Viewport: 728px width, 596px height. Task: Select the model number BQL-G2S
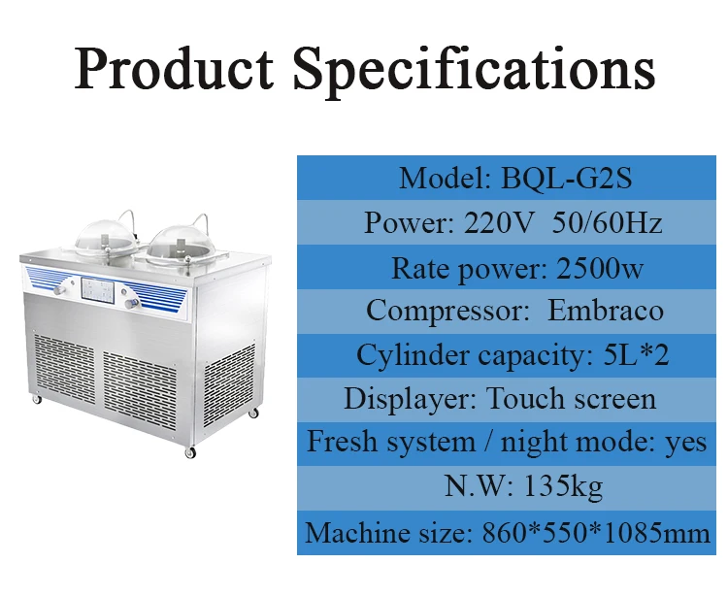[x=557, y=178]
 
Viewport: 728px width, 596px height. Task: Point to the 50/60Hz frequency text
[x=607, y=222]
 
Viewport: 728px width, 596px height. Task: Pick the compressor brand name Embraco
[x=607, y=311]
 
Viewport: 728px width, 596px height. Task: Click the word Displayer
[x=411, y=399]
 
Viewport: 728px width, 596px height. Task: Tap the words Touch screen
[x=571, y=399]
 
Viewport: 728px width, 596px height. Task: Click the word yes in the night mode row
[x=686, y=443]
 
